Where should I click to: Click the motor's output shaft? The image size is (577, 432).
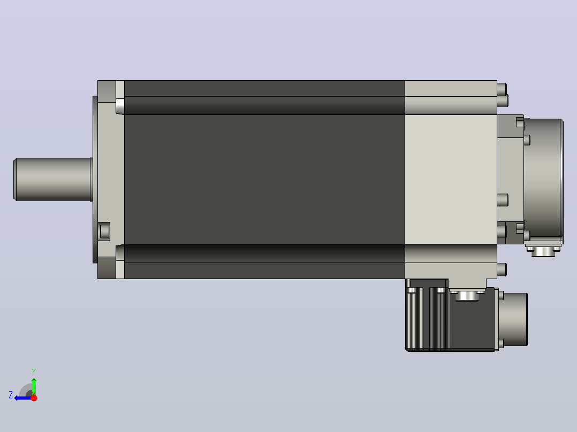click(x=52, y=180)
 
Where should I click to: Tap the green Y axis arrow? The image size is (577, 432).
click(x=34, y=385)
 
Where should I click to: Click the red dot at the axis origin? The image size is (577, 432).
click(x=34, y=398)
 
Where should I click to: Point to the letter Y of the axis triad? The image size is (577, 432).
click(x=34, y=372)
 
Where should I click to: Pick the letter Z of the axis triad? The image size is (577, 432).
click(x=11, y=395)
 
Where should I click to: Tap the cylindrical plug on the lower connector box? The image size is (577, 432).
click(x=514, y=319)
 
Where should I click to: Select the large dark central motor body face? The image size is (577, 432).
click(x=264, y=180)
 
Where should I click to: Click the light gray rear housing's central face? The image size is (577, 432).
click(x=451, y=180)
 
